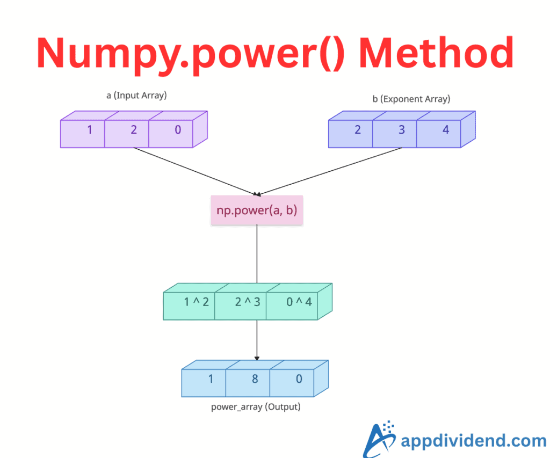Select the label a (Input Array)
click(136, 96)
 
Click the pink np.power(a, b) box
click(257, 210)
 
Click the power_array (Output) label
click(256, 407)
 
